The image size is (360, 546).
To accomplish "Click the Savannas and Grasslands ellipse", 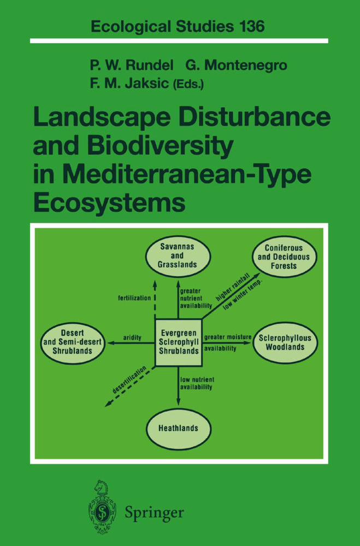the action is [x=178, y=256].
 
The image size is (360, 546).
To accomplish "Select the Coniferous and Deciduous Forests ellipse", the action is [x=285, y=257].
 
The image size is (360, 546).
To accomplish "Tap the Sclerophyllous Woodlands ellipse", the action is [x=285, y=343].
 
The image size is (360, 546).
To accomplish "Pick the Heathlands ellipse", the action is [x=179, y=428].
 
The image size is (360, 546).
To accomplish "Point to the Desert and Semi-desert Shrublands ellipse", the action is [x=73, y=343].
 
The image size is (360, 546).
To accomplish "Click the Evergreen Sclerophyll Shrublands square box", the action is [x=179, y=342].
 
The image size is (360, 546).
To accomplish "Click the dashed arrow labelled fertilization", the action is [x=155, y=299].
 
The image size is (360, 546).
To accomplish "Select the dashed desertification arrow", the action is [x=129, y=387].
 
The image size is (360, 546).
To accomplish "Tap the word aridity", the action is [x=132, y=337].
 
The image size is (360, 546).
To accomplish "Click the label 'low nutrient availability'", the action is [x=197, y=383].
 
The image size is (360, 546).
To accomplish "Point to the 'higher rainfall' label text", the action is [x=233, y=287].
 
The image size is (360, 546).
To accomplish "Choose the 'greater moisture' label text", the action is [x=228, y=337].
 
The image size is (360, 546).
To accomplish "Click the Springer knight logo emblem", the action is [x=102, y=506].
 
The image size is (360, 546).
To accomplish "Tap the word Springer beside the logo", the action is [x=154, y=513].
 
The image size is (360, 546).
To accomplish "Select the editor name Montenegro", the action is [x=246, y=65].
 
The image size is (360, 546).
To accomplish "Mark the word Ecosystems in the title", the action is [x=109, y=203].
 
